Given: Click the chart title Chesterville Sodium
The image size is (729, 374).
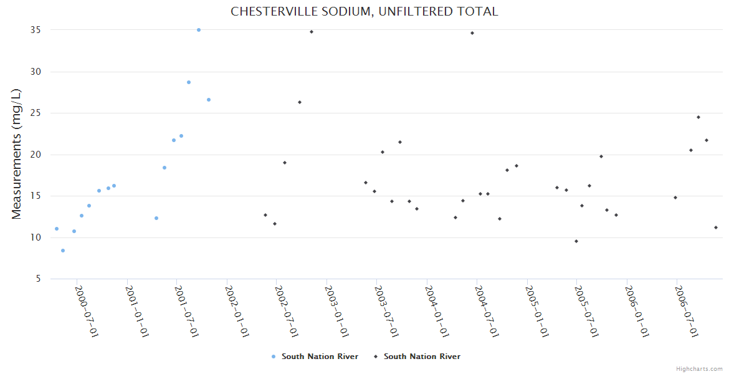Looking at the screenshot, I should coord(364,11).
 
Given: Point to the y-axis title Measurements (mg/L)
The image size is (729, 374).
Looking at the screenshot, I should coord(17,154).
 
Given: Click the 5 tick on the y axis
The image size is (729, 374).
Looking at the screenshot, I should coord(38,279).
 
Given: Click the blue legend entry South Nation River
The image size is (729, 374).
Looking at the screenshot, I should coord(315,357).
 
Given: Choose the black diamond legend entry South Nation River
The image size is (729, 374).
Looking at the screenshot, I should coord(417,357).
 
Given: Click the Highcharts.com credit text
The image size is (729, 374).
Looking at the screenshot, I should coord(699,369).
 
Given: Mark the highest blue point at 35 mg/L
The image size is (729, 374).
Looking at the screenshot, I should coord(199,30).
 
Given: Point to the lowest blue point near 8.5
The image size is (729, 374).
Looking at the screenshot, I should coord(63,251).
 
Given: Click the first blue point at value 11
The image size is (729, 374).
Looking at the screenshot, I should coord(57,229).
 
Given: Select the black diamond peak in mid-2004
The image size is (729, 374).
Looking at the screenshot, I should coord(472,33).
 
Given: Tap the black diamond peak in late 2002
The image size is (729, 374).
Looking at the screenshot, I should coord(312,32).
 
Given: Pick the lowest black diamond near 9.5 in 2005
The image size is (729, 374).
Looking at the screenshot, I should coord(576,241).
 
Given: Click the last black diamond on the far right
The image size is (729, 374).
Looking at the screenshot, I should coord(716,228).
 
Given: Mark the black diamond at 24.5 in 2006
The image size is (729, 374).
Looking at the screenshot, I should coord(698,117).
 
